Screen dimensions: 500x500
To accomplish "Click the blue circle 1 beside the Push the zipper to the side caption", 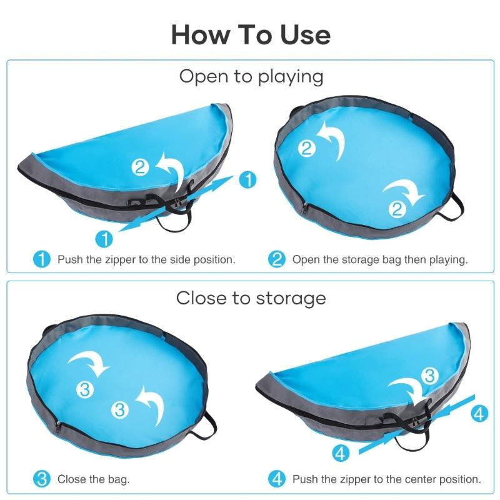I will pos(41,259).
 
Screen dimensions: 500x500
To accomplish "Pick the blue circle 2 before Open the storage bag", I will pos(277,259).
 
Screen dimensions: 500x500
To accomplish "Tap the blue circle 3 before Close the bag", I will pos(41,480).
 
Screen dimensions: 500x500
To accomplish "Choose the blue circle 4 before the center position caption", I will pos(277,480).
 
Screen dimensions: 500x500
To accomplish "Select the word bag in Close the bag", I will pos(120,480).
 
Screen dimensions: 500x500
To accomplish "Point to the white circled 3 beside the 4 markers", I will pos(429,376).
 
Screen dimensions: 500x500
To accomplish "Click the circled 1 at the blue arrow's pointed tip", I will pos(248,181).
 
